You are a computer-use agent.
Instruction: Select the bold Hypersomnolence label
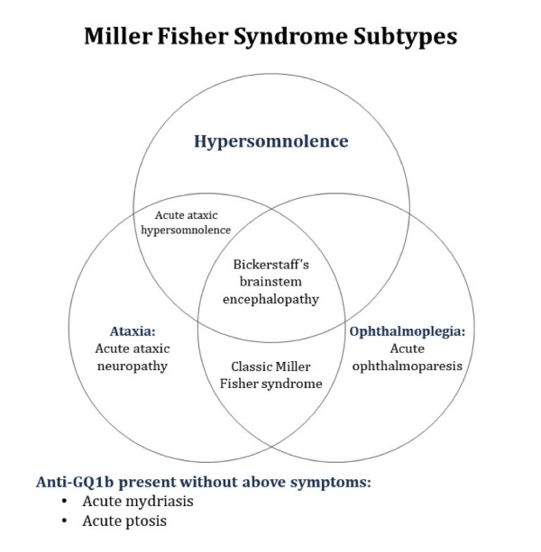tap(271, 141)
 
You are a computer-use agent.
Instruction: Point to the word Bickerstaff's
tap(271, 267)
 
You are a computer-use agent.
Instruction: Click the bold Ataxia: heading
tap(118, 332)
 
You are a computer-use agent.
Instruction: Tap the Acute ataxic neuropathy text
tap(132, 357)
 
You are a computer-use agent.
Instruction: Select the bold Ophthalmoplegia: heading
tap(407, 331)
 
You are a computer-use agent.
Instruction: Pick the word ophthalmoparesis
tap(408, 366)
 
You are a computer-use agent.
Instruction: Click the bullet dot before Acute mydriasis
tap(65, 502)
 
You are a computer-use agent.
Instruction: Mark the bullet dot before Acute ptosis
tap(65, 521)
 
